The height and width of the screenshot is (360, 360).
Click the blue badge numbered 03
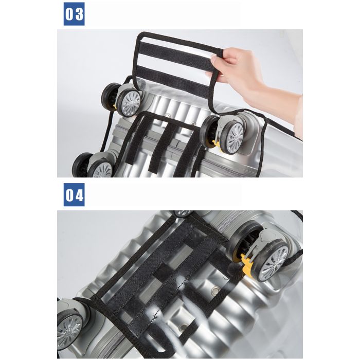point(74,14)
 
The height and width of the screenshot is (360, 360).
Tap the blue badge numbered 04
point(74,195)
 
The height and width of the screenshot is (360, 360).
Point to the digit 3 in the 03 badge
point(79,14)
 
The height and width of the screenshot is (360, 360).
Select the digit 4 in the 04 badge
point(79,195)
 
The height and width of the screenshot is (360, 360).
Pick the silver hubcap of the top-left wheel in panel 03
point(131,103)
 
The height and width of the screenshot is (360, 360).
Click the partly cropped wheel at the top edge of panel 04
point(183,213)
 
